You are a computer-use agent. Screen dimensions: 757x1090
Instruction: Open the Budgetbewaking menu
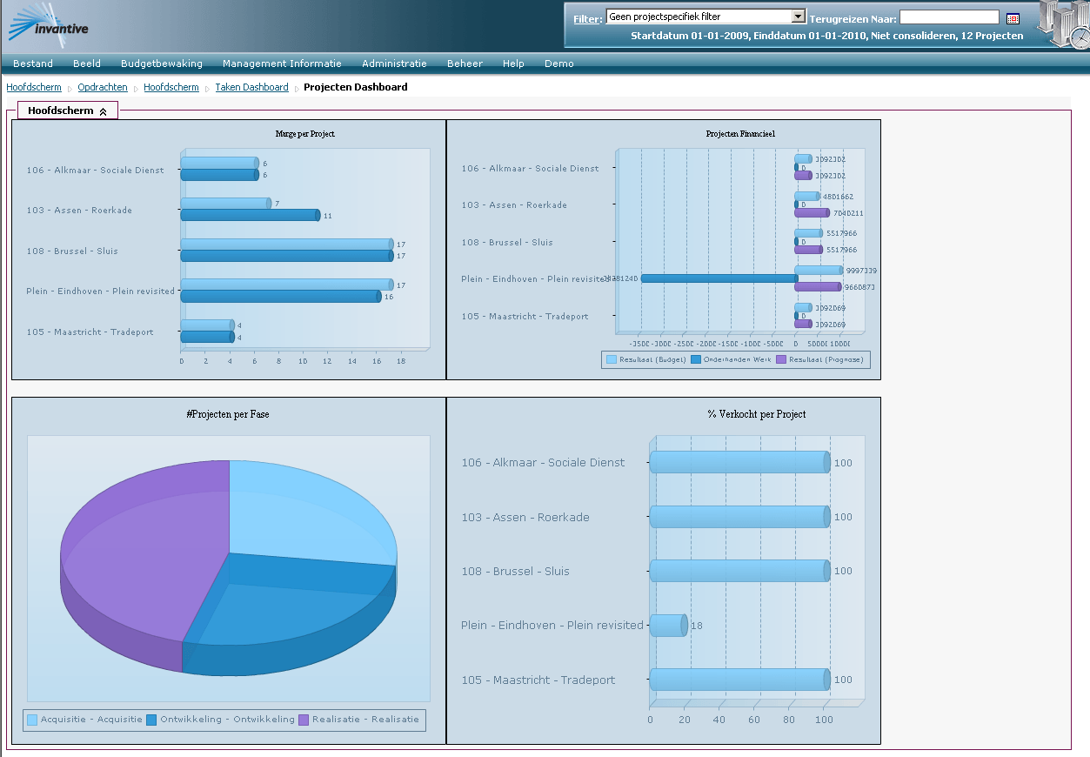162,64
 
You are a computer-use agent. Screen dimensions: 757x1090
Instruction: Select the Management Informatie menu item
282,64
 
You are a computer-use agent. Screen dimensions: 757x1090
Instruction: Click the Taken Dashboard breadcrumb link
251,87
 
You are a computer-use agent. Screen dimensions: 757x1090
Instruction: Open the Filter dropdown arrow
799,17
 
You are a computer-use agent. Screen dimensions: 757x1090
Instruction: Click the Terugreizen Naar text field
949,17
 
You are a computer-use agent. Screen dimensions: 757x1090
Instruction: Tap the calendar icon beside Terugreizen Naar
1013,18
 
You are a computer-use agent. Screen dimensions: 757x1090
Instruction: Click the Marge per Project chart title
304,134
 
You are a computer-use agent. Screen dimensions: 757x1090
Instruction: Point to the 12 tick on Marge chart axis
328,360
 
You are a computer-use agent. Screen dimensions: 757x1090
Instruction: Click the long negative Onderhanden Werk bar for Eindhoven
719,278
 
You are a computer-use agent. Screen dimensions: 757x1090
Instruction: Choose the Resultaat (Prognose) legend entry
823,359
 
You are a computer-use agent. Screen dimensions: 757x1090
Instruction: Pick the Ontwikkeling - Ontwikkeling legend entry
220,720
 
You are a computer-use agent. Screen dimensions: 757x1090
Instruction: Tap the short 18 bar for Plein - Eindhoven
668,626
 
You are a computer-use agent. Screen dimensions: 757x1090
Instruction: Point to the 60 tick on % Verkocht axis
754,720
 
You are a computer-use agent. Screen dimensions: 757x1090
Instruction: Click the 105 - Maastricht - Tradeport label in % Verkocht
538,680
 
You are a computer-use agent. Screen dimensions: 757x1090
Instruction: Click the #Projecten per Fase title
228,414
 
